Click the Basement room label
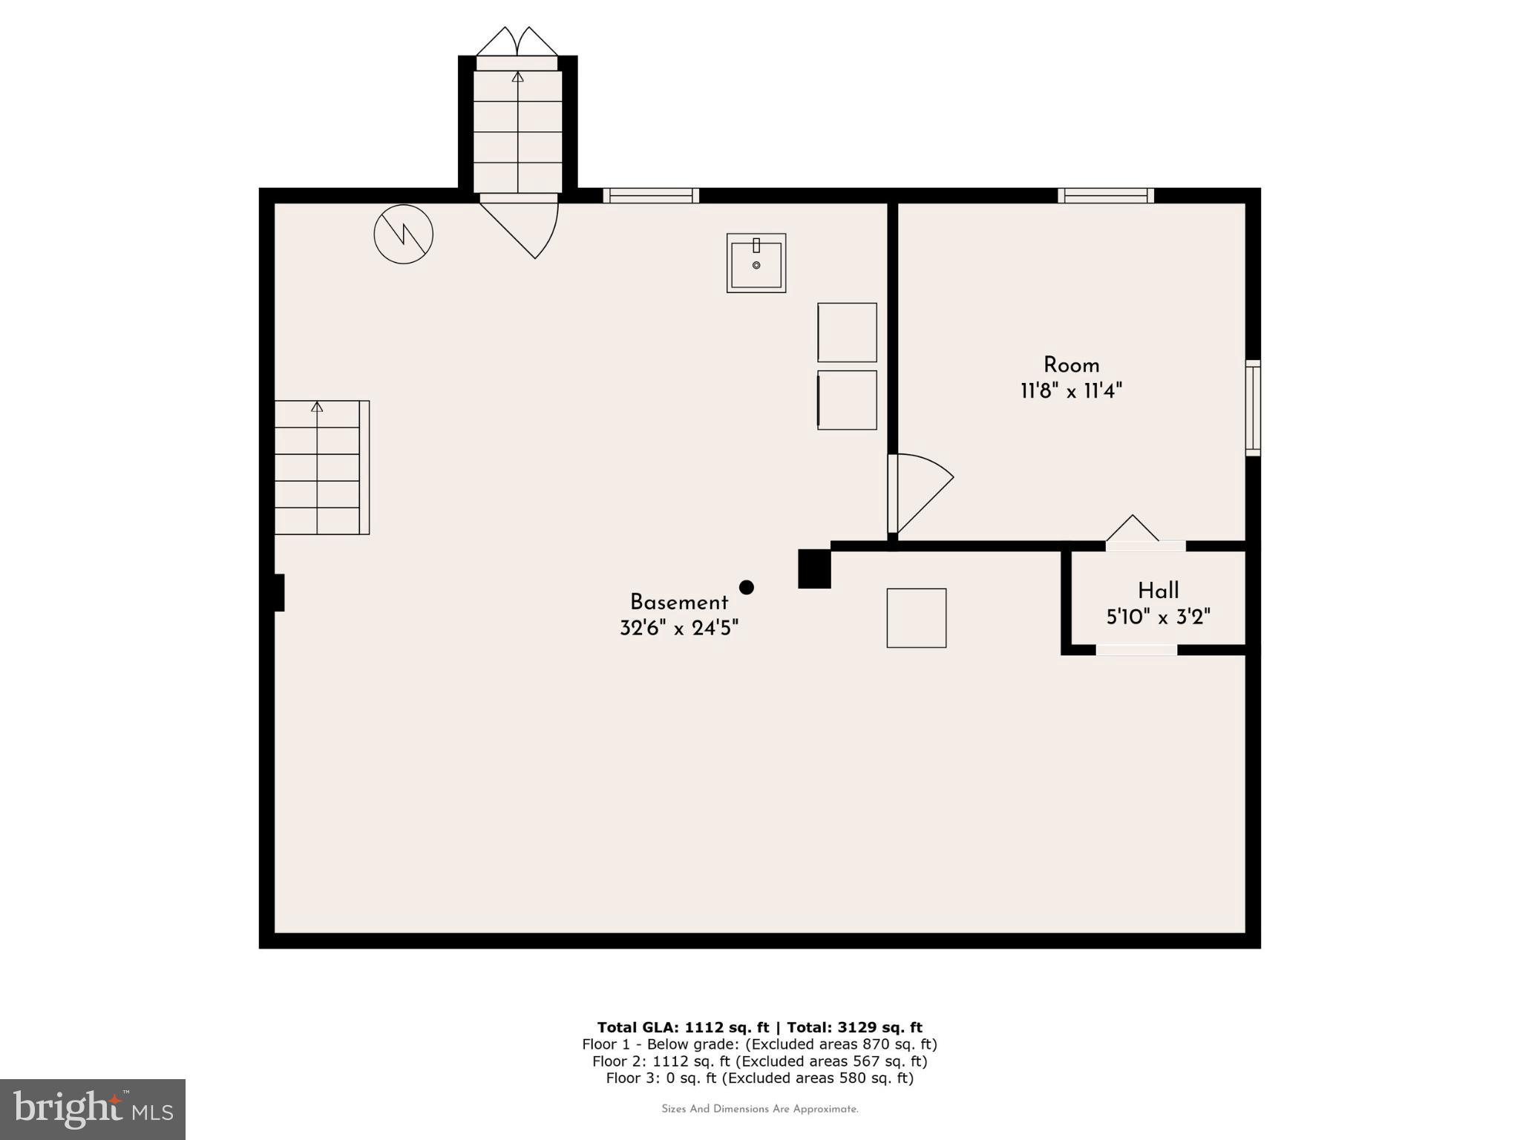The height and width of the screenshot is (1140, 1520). click(678, 602)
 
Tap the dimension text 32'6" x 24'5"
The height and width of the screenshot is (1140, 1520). click(678, 629)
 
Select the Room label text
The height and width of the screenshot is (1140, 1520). click(1071, 365)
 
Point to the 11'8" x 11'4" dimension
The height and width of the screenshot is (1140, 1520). click(1071, 391)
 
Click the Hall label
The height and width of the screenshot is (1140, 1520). click(1158, 591)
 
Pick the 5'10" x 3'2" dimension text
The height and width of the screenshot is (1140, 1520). click(1158, 617)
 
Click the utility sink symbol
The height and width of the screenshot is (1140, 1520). click(756, 263)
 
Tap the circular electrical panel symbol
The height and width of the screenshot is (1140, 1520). click(403, 234)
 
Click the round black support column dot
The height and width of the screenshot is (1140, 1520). click(747, 587)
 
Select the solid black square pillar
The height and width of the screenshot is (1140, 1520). click(813, 569)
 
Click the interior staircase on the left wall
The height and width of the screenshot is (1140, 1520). click(321, 468)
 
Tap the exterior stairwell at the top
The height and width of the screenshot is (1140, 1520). click(517, 126)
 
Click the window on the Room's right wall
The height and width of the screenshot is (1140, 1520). click(1252, 407)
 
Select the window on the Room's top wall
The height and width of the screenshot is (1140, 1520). click(1105, 195)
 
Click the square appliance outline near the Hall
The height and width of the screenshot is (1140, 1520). click(916, 617)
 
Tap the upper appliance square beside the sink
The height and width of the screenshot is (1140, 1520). click(847, 332)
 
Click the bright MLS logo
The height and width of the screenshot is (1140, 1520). click(92, 1109)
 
